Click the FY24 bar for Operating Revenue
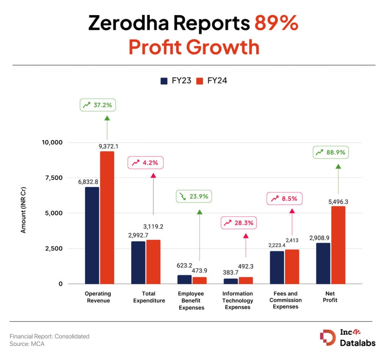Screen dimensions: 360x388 [107, 217]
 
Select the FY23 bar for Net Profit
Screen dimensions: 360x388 [323, 263]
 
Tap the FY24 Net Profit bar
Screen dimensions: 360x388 [338, 245]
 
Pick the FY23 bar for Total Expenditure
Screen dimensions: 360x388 [138, 263]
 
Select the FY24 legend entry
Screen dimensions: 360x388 [212, 81]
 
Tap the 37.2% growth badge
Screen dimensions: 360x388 [97, 105]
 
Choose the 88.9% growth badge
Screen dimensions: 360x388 [331, 152]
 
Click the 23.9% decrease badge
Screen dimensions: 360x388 [194, 197]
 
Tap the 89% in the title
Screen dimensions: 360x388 [276, 24]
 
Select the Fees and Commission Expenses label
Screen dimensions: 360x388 [286, 300]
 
